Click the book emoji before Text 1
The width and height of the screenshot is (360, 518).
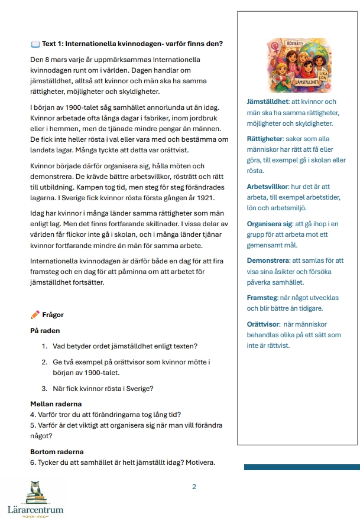pyautogui.click(x=35, y=44)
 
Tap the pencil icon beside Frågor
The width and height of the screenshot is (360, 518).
pyautogui.click(x=35, y=315)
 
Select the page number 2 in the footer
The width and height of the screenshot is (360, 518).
pyautogui.click(x=194, y=487)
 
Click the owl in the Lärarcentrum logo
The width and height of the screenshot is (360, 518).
pyautogui.click(x=35, y=492)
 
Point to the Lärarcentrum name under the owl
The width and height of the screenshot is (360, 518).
pyautogui.click(x=35, y=509)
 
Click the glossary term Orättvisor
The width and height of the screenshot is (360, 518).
pyautogui.click(x=264, y=324)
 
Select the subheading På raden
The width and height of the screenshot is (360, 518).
pyautogui.click(x=45, y=331)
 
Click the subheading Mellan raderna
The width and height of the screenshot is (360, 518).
pyautogui.click(x=56, y=404)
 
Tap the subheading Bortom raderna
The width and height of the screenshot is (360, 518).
pyautogui.click(x=57, y=452)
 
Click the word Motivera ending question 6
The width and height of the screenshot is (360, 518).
pyautogui.click(x=197, y=462)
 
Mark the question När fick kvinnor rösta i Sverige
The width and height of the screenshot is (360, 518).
pyautogui.click(x=103, y=389)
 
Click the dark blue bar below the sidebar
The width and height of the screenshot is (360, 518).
pyautogui.click(x=301, y=467)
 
